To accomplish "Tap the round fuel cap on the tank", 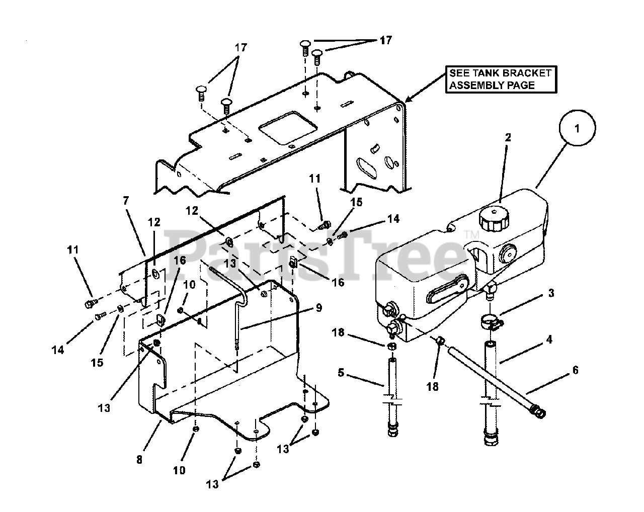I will (493, 218).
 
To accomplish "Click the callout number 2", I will (508, 137).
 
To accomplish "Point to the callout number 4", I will (549, 339).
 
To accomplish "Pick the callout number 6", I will (575, 371).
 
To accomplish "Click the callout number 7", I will (125, 201).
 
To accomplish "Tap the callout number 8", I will (139, 459).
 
